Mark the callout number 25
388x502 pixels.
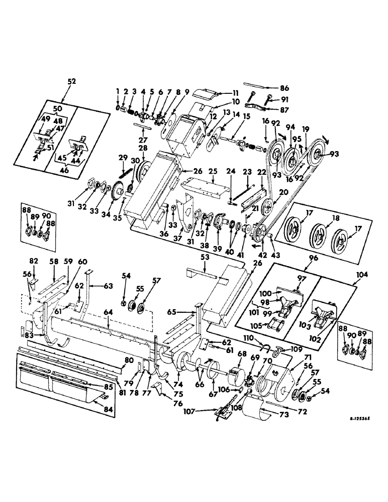[x=214, y=171]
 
